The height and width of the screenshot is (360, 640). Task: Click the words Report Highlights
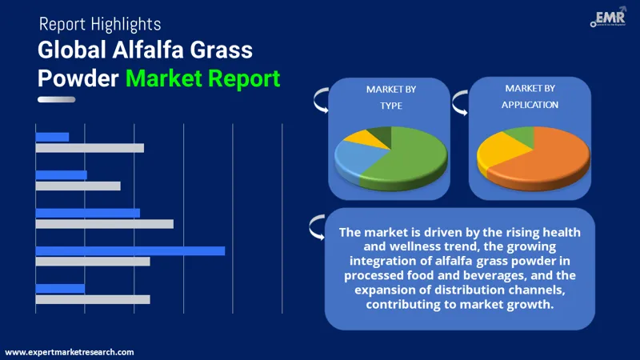(100, 25)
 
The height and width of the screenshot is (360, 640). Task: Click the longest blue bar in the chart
(130, 250)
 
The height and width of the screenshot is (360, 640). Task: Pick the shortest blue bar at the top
(53, 137)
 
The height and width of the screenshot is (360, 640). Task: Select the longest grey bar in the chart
(105, 223)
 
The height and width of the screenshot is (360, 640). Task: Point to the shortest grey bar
(78, 186)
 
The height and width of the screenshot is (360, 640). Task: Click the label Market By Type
(385, 97)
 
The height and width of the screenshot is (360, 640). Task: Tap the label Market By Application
(530, 96)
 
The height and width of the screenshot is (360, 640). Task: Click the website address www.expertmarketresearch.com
(70, 352)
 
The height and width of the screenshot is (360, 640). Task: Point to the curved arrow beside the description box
(316, 230)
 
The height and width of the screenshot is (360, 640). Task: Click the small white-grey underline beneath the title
(57, 99)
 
